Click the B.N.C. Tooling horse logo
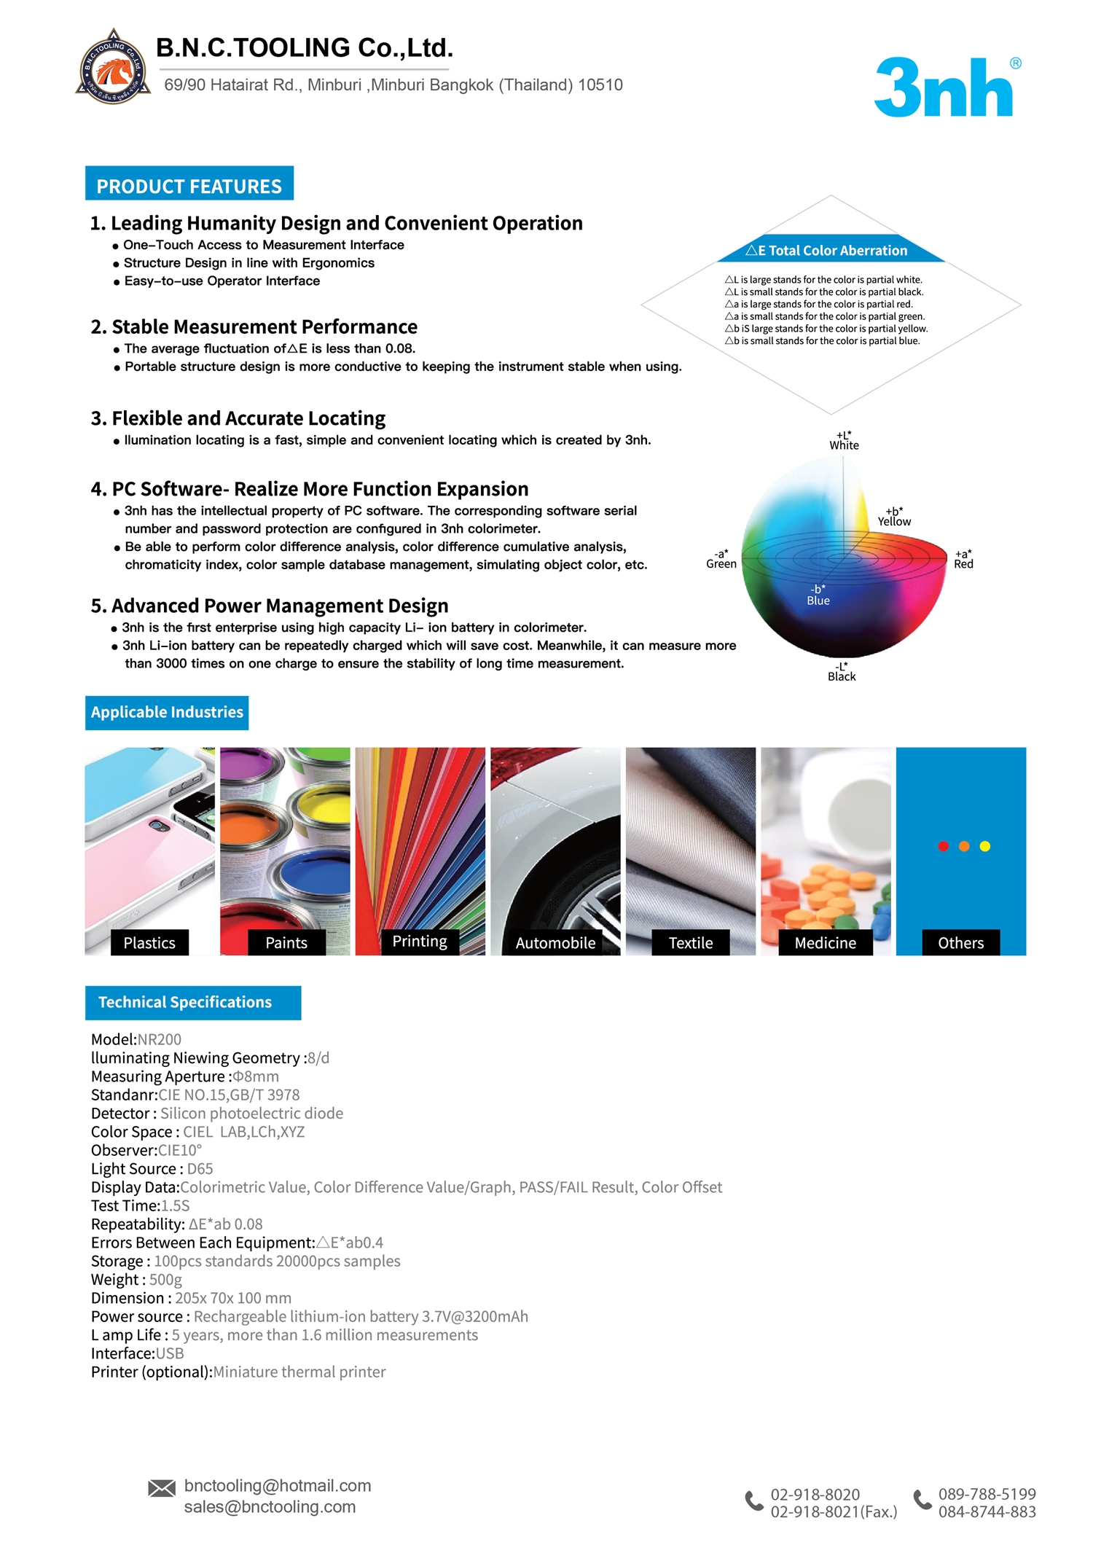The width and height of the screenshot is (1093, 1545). [x=114, y=68]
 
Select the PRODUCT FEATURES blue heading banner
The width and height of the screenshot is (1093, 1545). [x=189, y=184]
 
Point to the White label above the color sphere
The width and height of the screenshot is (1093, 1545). [x=844, y=445]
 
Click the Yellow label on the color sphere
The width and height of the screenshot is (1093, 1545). [x=894, y=522]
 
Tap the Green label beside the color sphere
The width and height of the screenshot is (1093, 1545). [x=721, y=564]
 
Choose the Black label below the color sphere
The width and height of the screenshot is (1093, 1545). [x=842, y=676]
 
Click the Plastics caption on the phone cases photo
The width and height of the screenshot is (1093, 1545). [x=149, y=943]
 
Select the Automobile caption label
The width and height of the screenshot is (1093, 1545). [x=555, y=943]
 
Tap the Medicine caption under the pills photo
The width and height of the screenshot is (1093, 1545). [x=825, y=943]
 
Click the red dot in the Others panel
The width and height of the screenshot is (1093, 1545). [x=943, y=846]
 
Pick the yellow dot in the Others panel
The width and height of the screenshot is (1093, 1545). [x=985, y=846]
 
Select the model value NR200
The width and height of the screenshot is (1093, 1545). [x=160, y=1039]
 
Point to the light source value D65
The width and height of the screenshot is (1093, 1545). [x=200, y=1169]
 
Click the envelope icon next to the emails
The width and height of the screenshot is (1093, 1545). [x=162, y=1488]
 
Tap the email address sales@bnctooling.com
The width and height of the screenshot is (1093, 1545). [x=270, y=1507]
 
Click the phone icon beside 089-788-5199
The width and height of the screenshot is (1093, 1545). [x=922, y=1499]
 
